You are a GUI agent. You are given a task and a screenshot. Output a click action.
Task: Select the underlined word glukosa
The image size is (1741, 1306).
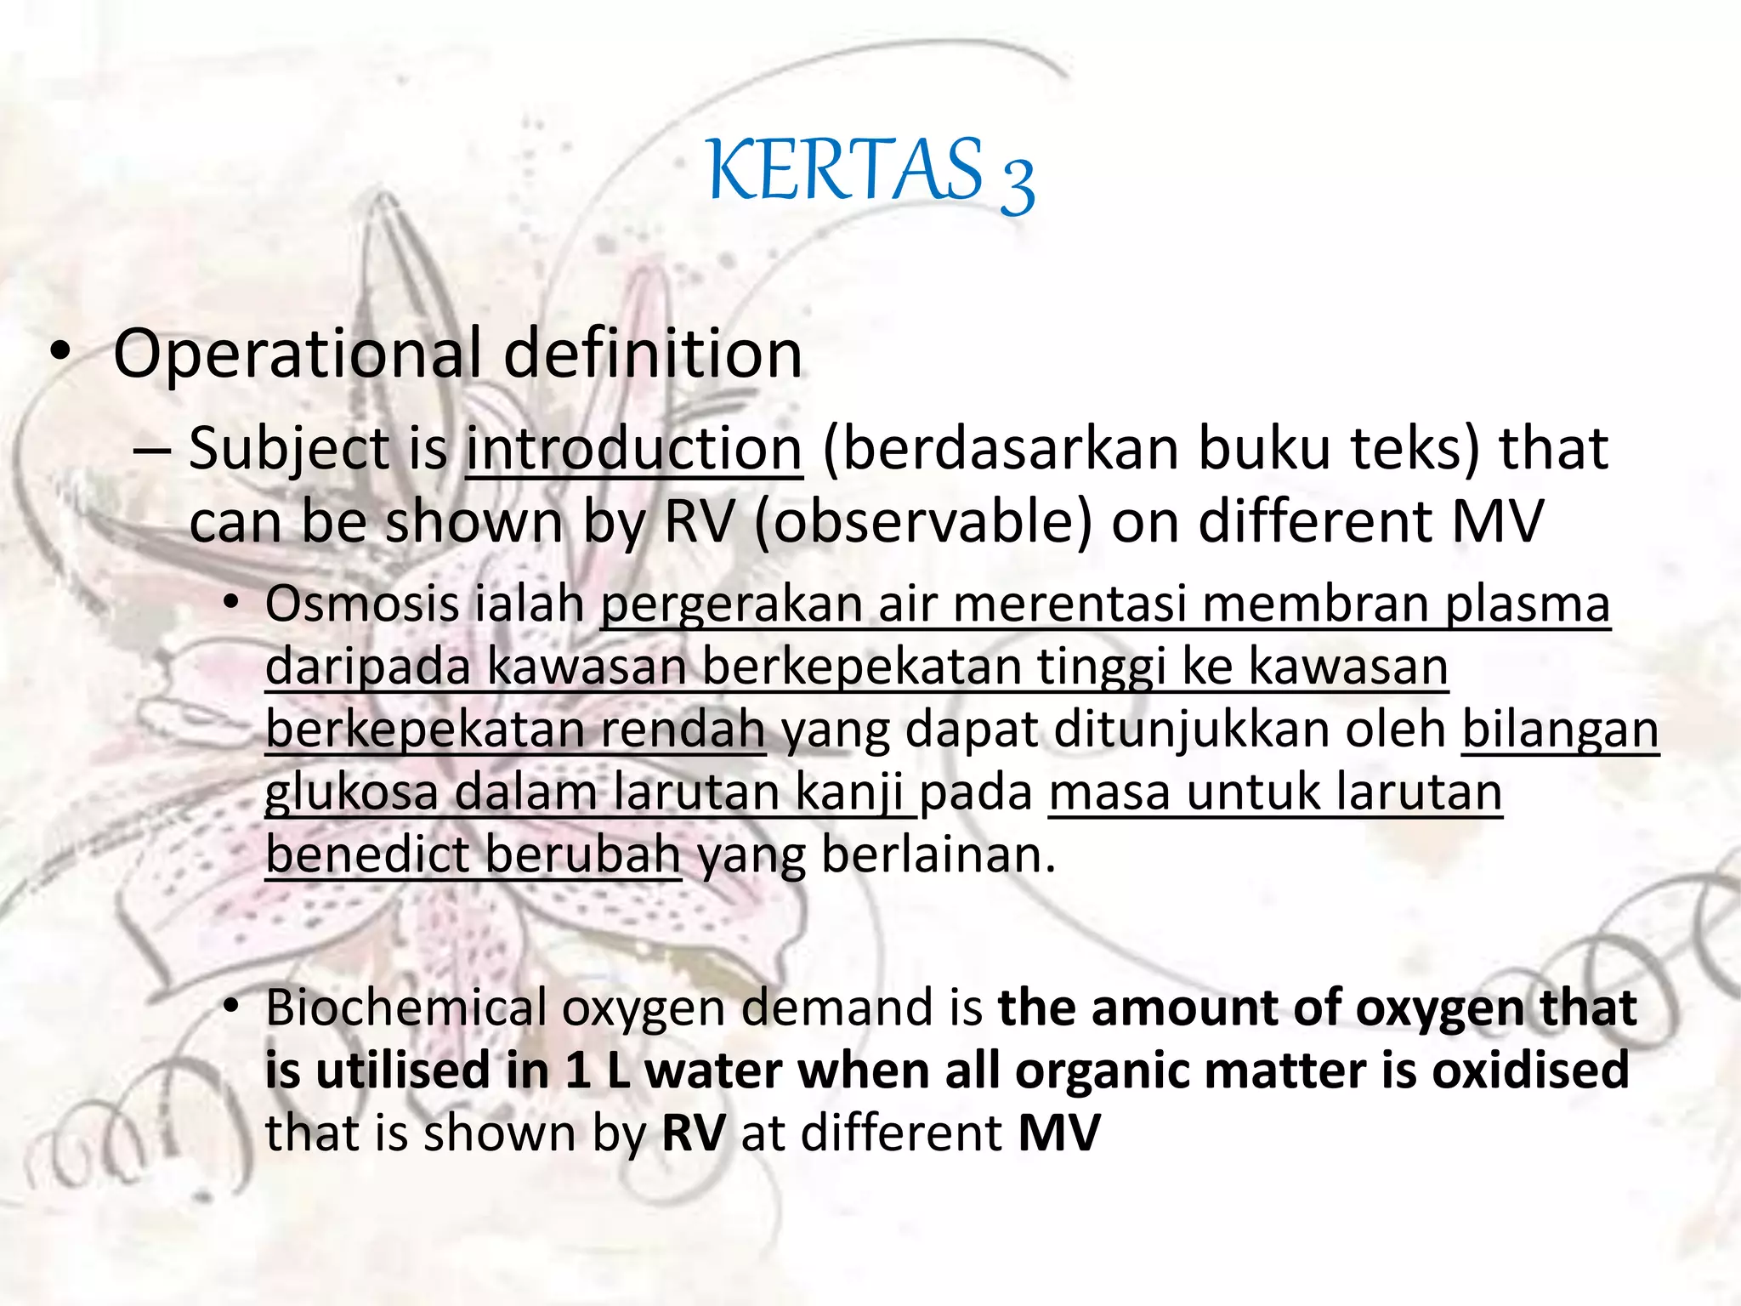[x=352, y=792]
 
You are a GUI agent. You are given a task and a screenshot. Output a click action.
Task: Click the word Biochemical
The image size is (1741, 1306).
[x=405, y=1008]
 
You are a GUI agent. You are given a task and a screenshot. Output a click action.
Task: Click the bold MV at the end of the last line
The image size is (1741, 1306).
[x=1059, y=1133]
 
